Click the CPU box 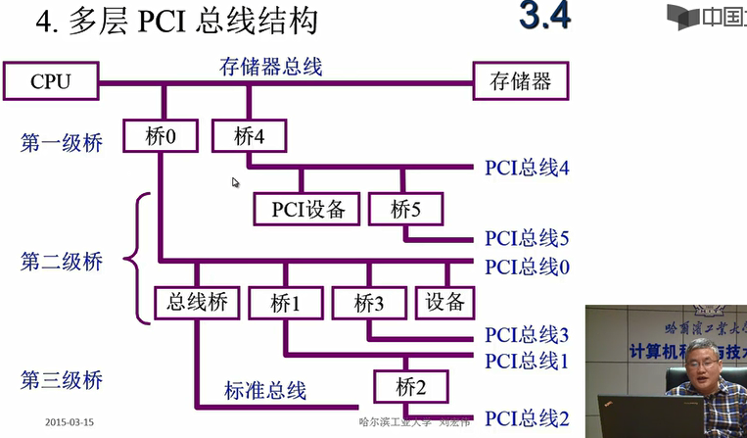pos(51,81)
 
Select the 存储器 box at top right pos(520,81)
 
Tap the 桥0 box pos(161,136)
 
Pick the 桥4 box pos(249,136)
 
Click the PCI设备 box pos(307,209)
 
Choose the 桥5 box pos(405,209)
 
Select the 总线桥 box pos(198,303)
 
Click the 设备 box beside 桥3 pos(446,303)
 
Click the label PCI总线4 pos(527,168)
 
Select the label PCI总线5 pos(527,238)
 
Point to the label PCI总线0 pos(527,266)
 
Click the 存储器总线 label pos(271,68)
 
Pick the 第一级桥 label pos(61,143)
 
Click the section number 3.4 pos(543,18)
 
